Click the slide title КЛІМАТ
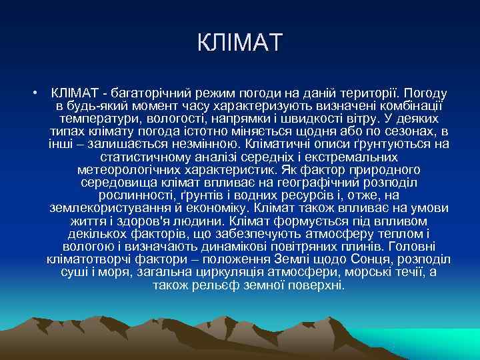pos(240,44)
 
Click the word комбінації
pos(407,106)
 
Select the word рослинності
pos(137,195)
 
